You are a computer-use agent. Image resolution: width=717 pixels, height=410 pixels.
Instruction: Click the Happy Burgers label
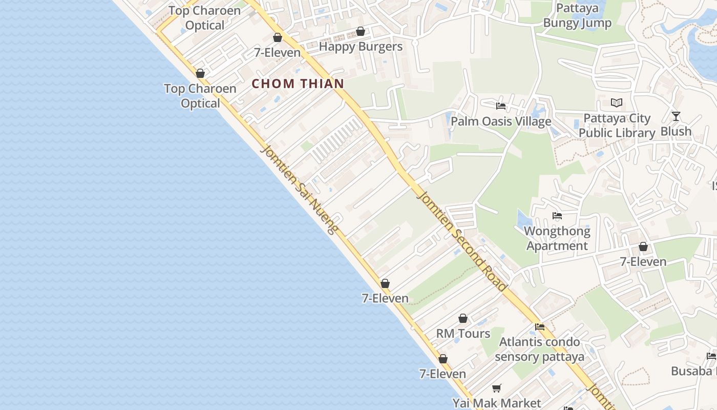[361, 47]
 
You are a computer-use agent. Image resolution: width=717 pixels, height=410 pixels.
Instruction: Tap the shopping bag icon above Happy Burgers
[361, 31]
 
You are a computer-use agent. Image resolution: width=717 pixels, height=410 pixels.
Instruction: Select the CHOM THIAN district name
[298, 84]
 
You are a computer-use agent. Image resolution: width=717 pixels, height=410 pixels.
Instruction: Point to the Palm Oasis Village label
[501, 121]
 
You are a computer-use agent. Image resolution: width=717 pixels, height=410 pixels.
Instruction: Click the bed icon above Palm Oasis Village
[501, 106]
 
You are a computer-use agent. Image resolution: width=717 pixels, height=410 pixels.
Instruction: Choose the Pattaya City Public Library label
[617, 126]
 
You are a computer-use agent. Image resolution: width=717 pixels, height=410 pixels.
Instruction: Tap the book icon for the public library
[617, 103]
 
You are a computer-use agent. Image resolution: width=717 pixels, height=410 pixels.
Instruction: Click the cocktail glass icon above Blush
[676, 116]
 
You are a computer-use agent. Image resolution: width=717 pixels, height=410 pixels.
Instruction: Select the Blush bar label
[676, 132]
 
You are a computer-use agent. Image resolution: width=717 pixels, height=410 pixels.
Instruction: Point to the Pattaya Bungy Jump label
[577, 16]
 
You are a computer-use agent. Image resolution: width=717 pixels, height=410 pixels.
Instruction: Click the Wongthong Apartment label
[557, 238]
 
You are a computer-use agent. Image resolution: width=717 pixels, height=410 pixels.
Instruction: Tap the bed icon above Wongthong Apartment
[557, 216]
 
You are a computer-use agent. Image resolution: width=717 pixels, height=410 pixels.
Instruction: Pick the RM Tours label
[463, 334]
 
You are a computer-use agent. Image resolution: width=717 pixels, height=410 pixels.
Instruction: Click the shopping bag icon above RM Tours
[463, 318]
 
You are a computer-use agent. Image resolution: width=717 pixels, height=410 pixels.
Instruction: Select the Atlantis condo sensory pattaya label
[540, 349]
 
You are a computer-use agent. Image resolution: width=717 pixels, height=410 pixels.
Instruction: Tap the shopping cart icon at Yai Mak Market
[496, 388]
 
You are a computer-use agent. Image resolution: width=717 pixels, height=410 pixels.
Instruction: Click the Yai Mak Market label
[496, 403]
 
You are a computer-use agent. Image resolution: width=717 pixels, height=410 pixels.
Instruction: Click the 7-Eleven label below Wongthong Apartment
[643, 262]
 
